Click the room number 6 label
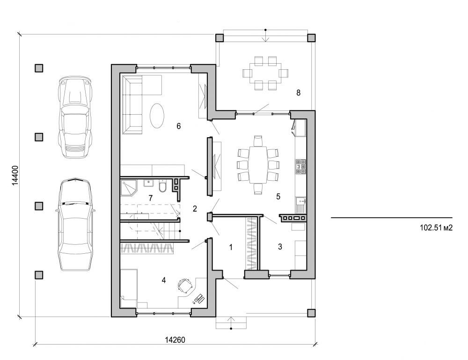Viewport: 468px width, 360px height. click(x=179, y=125)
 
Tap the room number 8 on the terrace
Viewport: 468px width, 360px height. click(x=298, y=92)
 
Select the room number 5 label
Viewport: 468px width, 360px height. click(x=278, y=197)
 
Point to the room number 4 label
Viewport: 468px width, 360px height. click(x=163, y=280)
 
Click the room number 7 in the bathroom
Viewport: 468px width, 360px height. click(x=151, y=198)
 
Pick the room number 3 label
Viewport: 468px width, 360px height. click(x=280, y=247)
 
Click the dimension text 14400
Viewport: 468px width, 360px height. click(x=15, y=176)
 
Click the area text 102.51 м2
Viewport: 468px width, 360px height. click(x=437, y=229)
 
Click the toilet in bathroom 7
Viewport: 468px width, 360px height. click(x=162, y=188)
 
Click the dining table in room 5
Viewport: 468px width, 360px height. click(x=258, y=165)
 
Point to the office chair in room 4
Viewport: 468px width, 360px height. click(x=185, y=285)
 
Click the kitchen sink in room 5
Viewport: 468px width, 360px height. click(x=300, y=204)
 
